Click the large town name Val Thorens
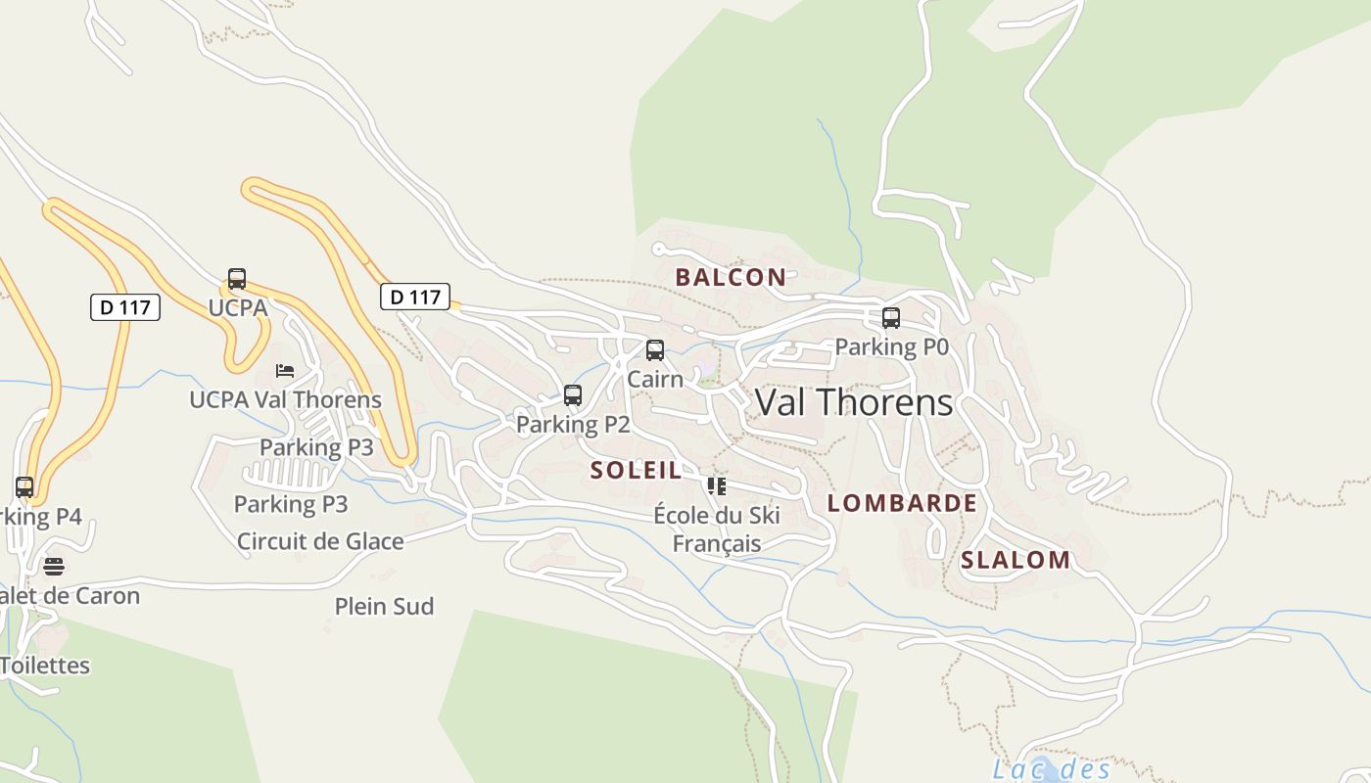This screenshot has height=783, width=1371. coord(853,402)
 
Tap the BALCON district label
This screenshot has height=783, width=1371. coord(731,277)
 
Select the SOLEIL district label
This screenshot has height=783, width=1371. coord(636,470)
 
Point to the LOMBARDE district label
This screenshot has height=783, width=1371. coord(902,503)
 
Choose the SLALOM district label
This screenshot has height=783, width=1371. coord(1016,560)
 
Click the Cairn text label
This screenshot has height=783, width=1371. coord(655,379)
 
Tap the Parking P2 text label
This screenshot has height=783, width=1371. coord(573,425)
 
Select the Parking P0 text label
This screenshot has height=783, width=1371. coord(891,346)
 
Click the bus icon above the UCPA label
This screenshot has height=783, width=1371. coord(237,279)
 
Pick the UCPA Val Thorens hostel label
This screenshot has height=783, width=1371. coord(285,399)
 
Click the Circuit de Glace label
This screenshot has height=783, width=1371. coord(320,541)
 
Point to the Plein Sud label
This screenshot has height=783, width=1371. coord(384,607)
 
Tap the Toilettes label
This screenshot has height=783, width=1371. coord(45,666)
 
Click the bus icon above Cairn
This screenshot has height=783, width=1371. coord(655,350)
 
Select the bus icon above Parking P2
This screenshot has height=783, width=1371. coord(573,395)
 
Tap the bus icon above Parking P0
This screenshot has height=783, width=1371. coord(891,318)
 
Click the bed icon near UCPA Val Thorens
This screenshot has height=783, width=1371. coord(285,371)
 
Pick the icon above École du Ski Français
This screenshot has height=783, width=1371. coord(717,485)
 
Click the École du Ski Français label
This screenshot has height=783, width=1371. coord(717,529)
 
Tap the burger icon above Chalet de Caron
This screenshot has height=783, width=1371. coord(54,566)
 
